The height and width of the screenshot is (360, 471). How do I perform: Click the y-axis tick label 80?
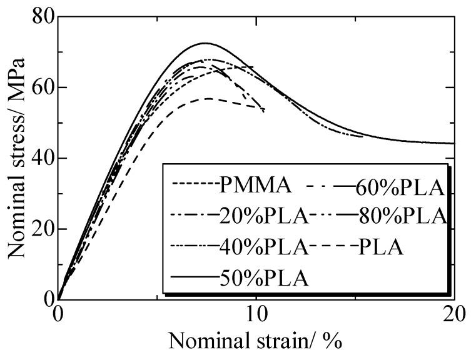pyautogui.click(x=37, y=16)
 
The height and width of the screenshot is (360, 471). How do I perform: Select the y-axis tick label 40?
pyautogui.click(x=37, y=158)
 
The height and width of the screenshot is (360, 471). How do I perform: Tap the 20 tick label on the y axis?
pyautogui.click(x=37, y=229)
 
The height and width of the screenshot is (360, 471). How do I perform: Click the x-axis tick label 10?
pyautogui.click(x=256, y=315)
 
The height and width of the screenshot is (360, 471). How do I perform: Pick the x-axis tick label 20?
pyautogui.click(x=453, y=315)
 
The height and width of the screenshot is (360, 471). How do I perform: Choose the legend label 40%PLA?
pyautogui.click(x=264, y=247)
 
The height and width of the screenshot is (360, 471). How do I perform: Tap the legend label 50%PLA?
pyautogui.click(x=264, y=277)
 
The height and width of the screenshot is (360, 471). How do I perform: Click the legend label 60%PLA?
pyautogui.click(x=400, y=186)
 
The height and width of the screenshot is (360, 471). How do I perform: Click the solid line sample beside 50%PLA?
pyautogui.click(x=194, y=277)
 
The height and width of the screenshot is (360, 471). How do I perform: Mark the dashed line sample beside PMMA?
pyautogui.click(x=194, y=186)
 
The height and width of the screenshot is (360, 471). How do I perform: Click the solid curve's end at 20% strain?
pyautogui.click(x=453, y=143)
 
